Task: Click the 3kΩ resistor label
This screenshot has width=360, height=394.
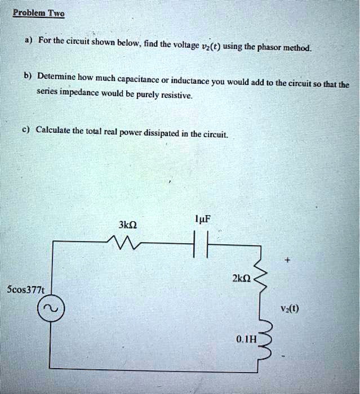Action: [127, 226]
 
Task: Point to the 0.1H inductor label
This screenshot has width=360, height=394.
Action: [246, 339]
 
